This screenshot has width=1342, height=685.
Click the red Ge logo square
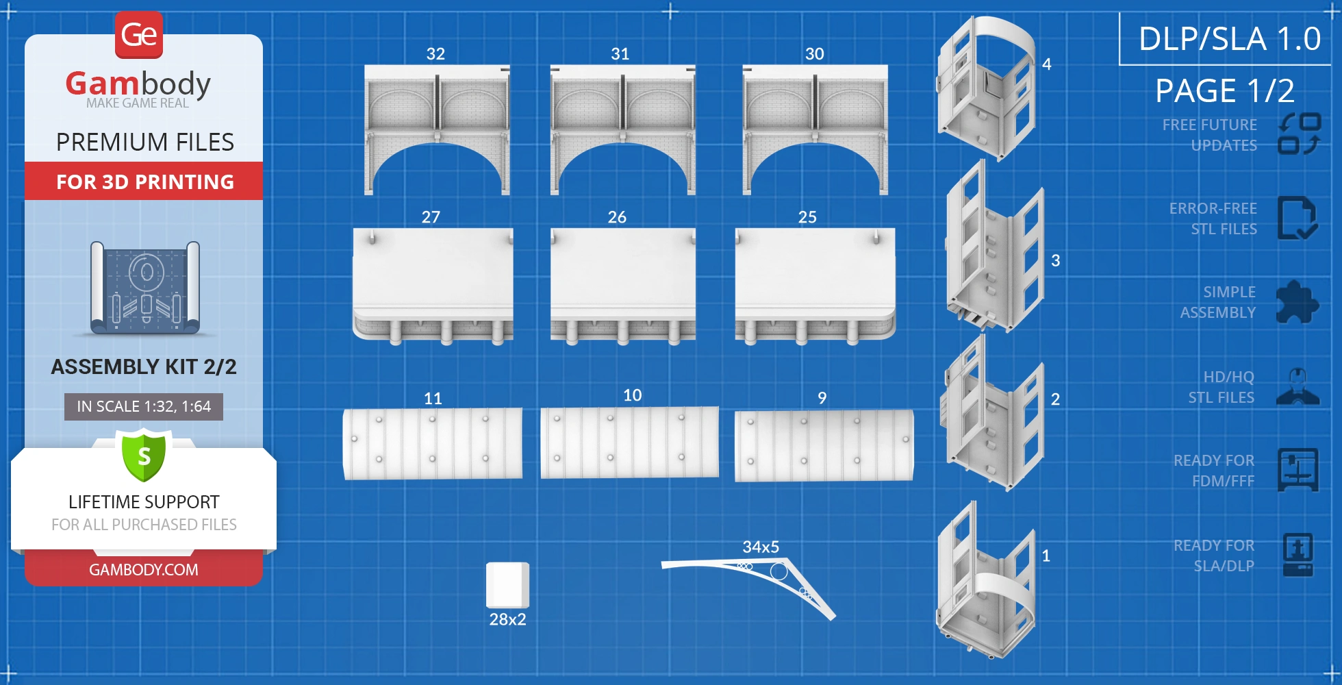click(139, 35)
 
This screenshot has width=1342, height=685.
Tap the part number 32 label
click(435, 54)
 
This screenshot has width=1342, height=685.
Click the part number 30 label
click(814, 54)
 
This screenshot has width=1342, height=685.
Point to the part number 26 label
click(617, 217)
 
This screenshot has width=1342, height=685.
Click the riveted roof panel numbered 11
click(433, 444)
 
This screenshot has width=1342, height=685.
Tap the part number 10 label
click(632, 395)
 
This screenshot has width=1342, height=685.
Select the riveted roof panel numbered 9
click(824, 445)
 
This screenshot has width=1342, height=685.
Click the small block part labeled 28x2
click(507, 584)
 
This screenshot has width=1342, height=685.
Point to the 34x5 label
click(761, 547)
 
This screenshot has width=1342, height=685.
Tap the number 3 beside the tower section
click(1055, 260)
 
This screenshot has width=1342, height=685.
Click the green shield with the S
click(144, 455)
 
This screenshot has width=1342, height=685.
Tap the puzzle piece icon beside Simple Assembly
click(1297, 302)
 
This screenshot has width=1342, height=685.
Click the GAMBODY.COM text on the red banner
click(144, 570)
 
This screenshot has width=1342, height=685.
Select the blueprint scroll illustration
click(145, 288)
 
